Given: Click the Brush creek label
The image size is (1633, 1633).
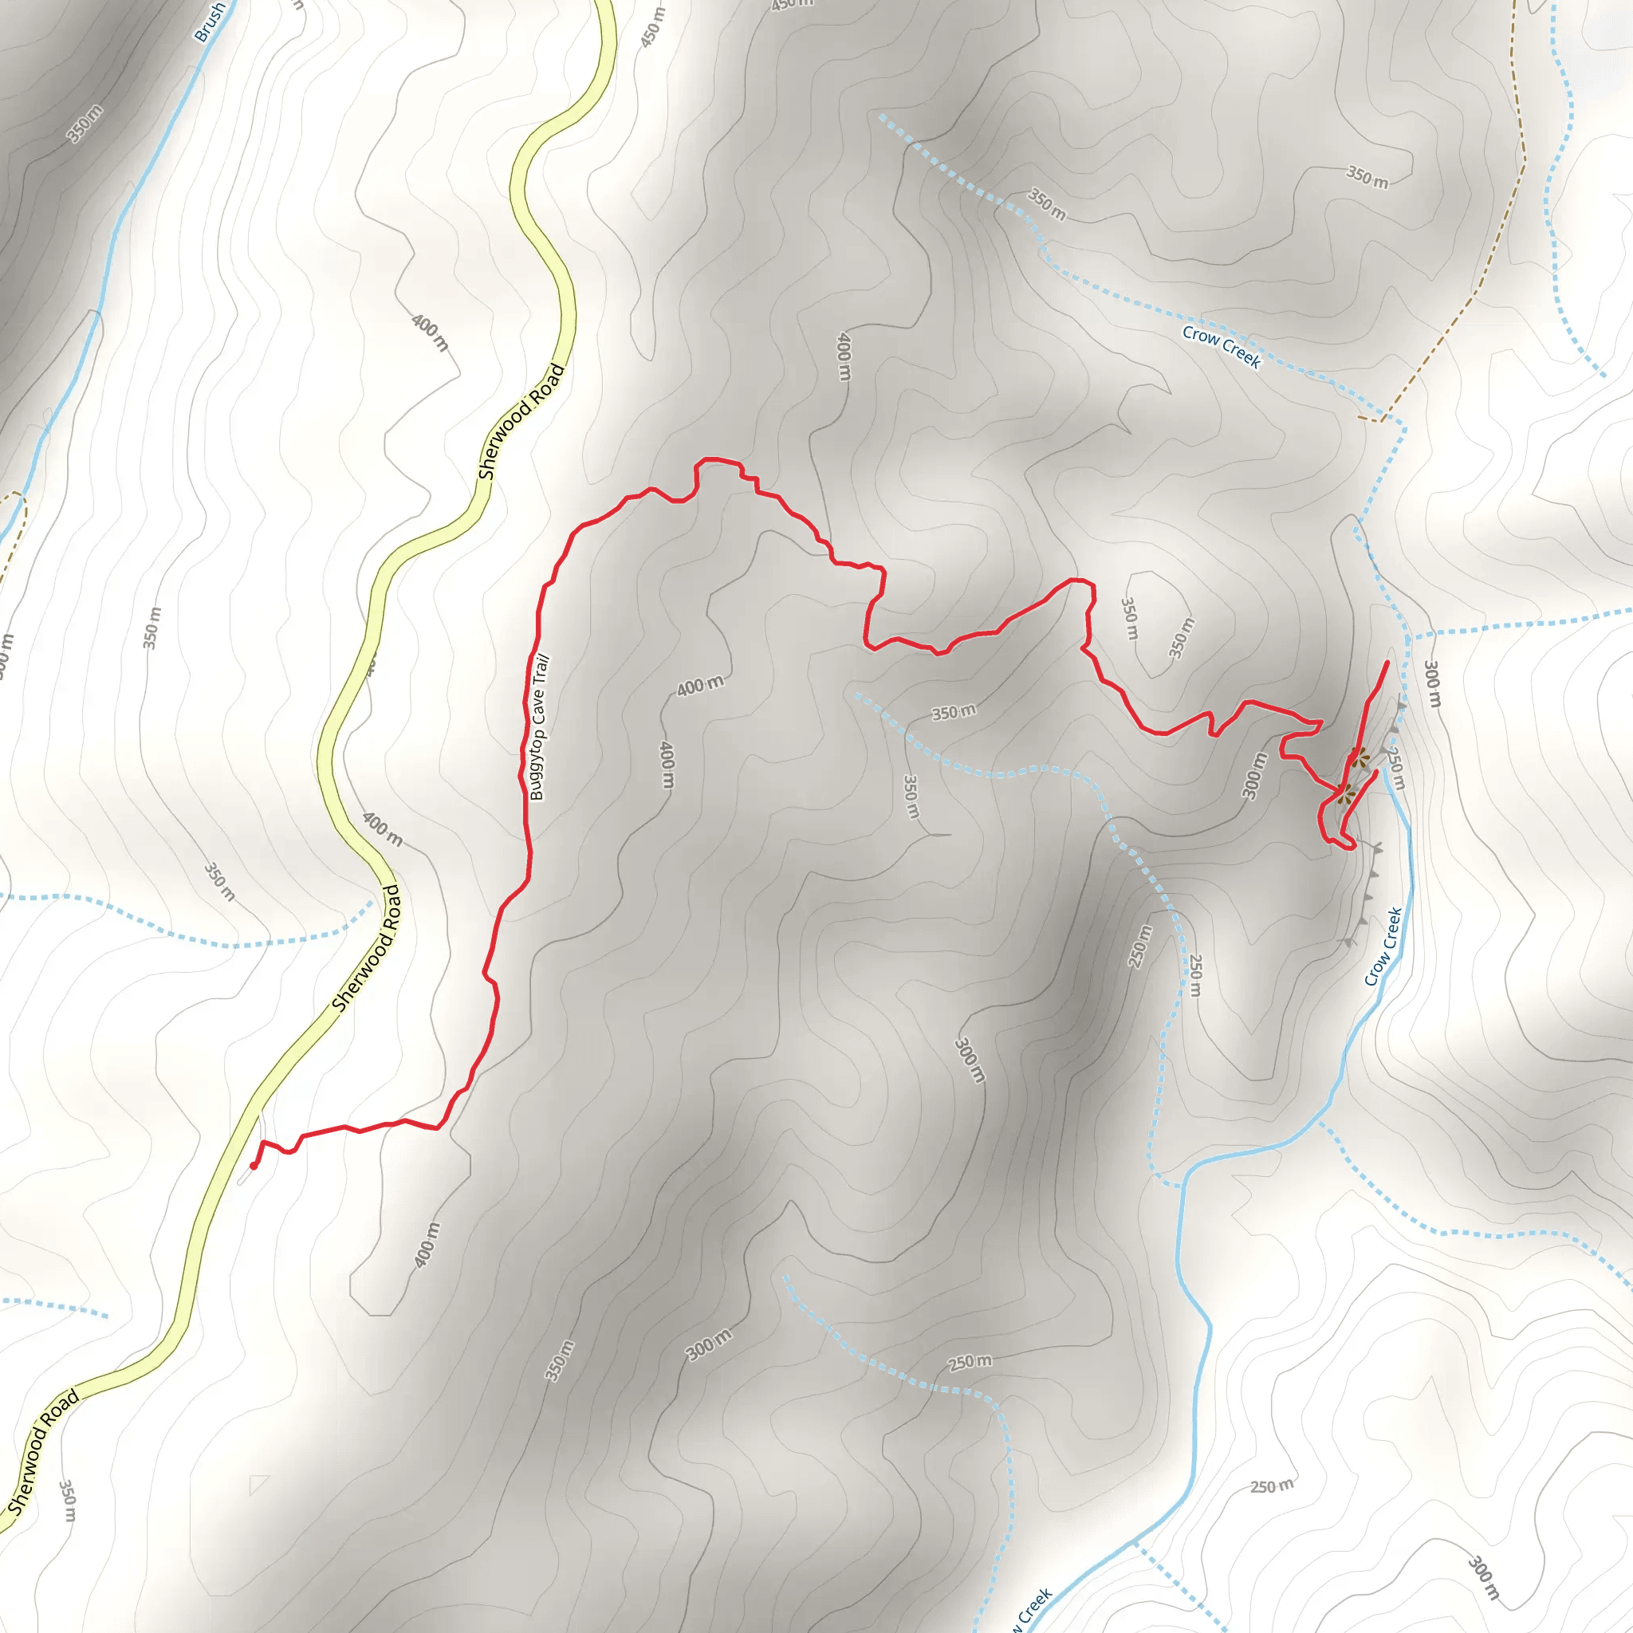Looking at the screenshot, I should click(x=209, y=22).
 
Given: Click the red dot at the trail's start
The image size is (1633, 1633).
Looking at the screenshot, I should click(x=254, y=1166).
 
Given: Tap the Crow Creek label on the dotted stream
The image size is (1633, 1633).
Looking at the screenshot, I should click(x=1222, y=347).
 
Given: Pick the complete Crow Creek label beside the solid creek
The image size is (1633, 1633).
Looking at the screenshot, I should click(x=1383, y=946).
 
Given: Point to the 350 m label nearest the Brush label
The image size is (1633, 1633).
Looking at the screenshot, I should click(x=85, y=124).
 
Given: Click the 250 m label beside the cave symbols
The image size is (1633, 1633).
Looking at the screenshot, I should click(x=1395, y=768).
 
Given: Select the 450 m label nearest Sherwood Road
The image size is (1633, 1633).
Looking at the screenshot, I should click(x=651, y=28).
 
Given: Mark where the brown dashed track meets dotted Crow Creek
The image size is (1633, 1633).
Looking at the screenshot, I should click(x=1382, y=419).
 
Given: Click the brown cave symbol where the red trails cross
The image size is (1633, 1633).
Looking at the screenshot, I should click(x=1344, y=793).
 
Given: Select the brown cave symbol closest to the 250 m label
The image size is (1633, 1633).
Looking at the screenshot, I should click(x=1358, y=759).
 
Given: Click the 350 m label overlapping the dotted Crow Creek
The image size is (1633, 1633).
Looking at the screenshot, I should click(x=1046, y=205).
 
